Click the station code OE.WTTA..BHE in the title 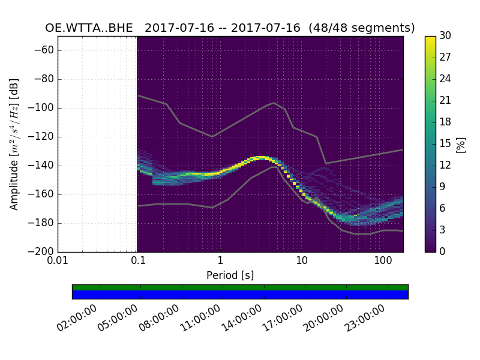[x=89, y=28]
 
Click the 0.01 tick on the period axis [x=58, y=260]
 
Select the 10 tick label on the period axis [x=301, y=260]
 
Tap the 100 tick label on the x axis [x=382, y=260]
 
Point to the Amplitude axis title [x=14, y=144]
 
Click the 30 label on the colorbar [x=445, y=37]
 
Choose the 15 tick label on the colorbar [x=445, y=144]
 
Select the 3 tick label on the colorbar [x=443, y=230]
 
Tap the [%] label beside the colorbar [x=461, y=144]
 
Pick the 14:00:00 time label [x=241, y=318]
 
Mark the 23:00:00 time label [x=364, y=318]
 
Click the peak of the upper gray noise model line [x=274, y=103]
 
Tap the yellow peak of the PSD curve [x=260, y=157]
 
